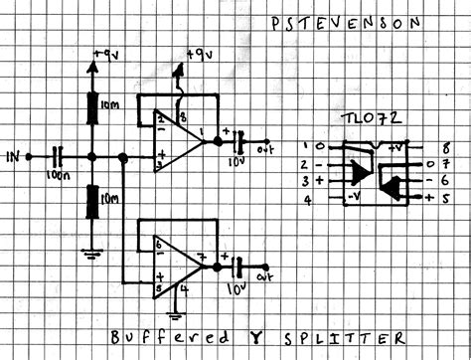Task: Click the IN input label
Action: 12,157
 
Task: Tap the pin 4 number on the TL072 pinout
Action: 309,200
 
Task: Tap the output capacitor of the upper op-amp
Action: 236,141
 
